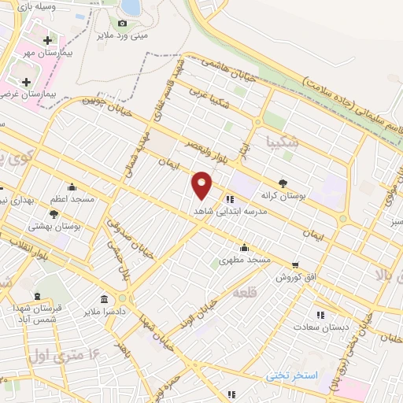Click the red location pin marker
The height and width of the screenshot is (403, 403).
[x=202, y=184]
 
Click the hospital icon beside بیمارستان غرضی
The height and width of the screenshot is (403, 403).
[x=26, y=82]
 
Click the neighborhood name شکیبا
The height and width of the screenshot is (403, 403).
[x=284, y=142]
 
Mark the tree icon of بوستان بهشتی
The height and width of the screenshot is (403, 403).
[x=54, y=213]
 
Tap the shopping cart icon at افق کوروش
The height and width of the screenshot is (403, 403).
[x=295, y=264]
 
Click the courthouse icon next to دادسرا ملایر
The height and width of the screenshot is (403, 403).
[x=104, y=298]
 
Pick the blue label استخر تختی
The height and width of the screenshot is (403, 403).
[x=291, y=375]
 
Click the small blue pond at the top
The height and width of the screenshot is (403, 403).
[x=131, y=7]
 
